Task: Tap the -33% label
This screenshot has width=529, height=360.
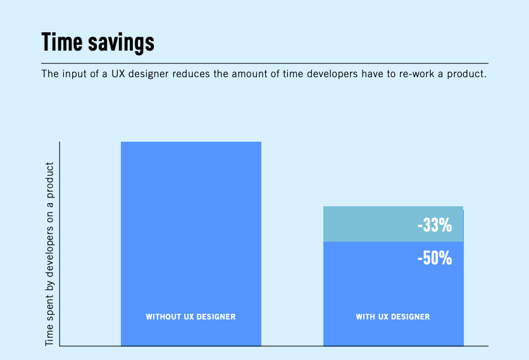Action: (435, 225)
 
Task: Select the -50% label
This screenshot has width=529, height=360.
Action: (435, 258)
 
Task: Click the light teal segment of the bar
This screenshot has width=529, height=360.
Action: (367, 224)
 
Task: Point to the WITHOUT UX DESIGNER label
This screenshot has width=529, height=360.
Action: (190, 317)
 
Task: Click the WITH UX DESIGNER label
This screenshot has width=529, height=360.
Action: (393, 317)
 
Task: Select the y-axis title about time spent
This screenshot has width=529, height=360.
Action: (49, 253)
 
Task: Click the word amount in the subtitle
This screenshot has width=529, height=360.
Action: (255, 74)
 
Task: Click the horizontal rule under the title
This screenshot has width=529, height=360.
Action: (264, 63)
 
